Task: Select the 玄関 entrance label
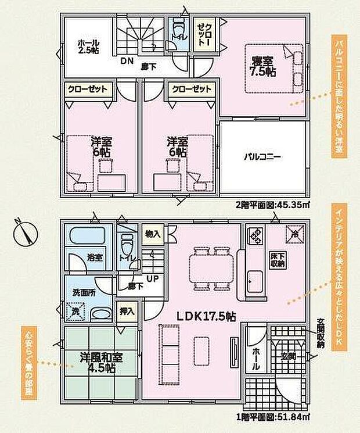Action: (x=288, y=356)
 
